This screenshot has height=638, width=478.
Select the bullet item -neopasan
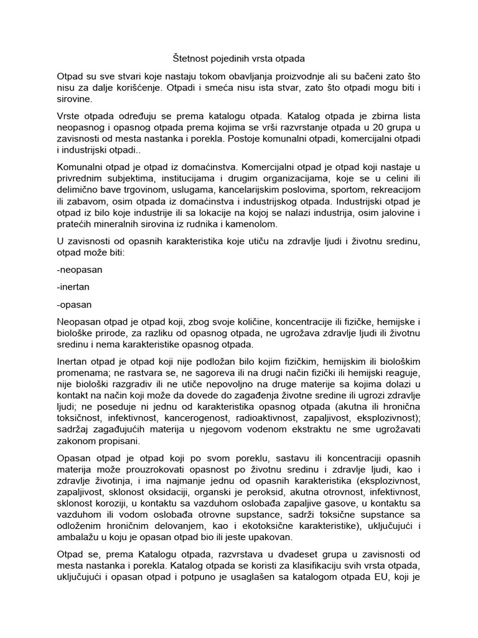(80, 271)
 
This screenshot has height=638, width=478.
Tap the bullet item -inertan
(74, 288)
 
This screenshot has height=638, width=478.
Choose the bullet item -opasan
(74, 305)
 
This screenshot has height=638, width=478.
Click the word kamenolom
(259, 224)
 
